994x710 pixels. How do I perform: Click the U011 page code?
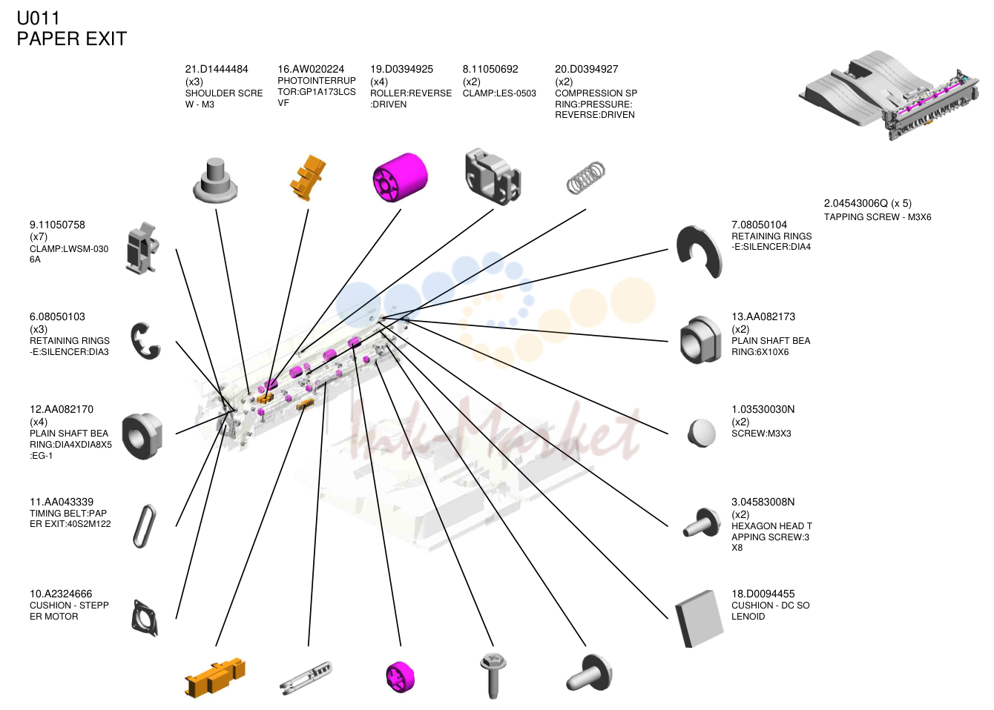click(x=38, y=19)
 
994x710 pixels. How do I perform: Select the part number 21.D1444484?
click(x=217, y=69)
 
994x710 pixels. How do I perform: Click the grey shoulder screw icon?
click(x=215, y=180)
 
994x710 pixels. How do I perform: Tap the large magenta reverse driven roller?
click(x=400, y=177)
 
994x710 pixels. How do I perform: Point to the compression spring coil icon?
click(x=586, y=177)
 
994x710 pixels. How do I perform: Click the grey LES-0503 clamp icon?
click(x=493, y=176)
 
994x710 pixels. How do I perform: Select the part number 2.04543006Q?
click(x=856, y=204)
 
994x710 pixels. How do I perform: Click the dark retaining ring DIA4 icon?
click(x=700, y=251)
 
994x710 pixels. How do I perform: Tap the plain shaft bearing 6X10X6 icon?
click(x=700, y=340)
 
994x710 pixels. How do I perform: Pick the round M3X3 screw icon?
click(x=701, y=434)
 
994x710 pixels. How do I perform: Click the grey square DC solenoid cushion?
click(x=700, y=618)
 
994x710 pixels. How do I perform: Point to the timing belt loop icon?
click(x=144, y=526)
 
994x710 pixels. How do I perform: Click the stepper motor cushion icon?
click(x=145, y=618)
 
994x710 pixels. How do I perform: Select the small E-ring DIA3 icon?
click(x=145, y=341)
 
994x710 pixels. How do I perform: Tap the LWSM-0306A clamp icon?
click(x=142, y=248)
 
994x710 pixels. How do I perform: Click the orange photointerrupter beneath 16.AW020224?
click(x=308, y=177)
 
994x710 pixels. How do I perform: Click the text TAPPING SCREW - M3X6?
click(x=878, y=217)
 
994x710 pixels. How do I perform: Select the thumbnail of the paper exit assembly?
click(x=889, y=95)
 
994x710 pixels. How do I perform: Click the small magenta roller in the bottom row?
click(x=401, y=677)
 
